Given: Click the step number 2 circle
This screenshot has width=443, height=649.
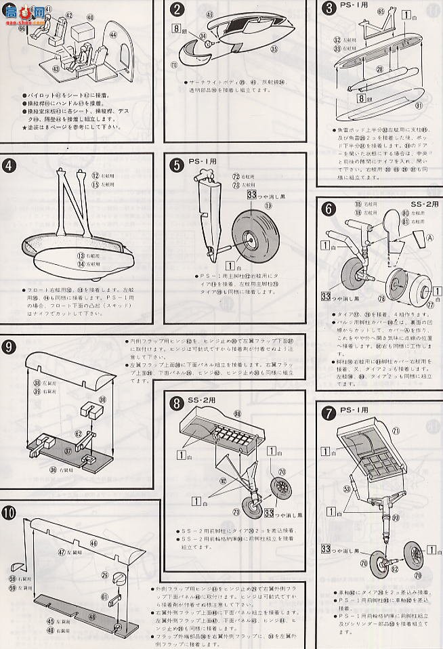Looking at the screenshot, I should [x=177, y=9].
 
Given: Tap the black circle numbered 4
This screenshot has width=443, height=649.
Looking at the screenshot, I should [x=11, y=165].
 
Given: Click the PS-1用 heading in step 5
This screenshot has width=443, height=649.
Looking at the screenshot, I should [x=201, y=163].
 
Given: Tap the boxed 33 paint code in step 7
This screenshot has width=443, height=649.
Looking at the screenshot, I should [x=326, y=547].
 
